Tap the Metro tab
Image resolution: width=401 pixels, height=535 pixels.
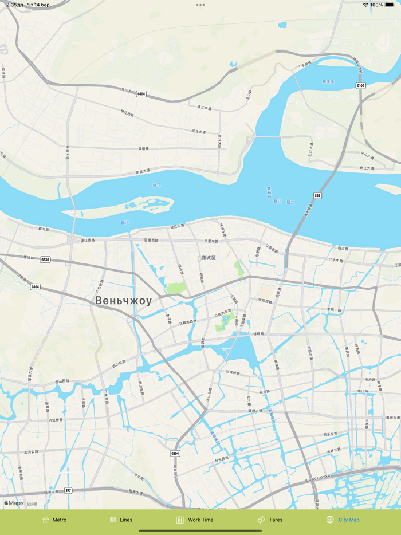[54, 520]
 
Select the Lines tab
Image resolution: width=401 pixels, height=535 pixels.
[121, 520]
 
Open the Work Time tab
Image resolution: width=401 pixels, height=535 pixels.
[195, 520]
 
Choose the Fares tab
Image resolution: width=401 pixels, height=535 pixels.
[270, 520]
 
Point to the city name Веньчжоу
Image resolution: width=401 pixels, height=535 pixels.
[123, 301]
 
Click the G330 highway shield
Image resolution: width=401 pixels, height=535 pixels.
[45, 259]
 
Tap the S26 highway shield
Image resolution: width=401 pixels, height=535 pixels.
[317, 196]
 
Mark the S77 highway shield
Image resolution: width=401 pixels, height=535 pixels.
[68, 491]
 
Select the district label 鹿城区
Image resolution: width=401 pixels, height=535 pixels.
[208, 258]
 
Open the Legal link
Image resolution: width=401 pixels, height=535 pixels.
[32, 504]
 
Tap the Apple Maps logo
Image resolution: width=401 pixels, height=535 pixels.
[14, 503]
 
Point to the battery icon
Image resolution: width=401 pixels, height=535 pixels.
[390, 5]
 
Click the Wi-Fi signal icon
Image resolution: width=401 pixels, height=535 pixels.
[365, 5]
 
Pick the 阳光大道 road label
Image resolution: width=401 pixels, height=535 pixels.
[143, 171]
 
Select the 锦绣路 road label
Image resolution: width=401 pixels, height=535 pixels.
[259, 333]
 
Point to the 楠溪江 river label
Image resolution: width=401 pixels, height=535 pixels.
[328, 82]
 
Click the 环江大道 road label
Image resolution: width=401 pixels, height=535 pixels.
[367, 168]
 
